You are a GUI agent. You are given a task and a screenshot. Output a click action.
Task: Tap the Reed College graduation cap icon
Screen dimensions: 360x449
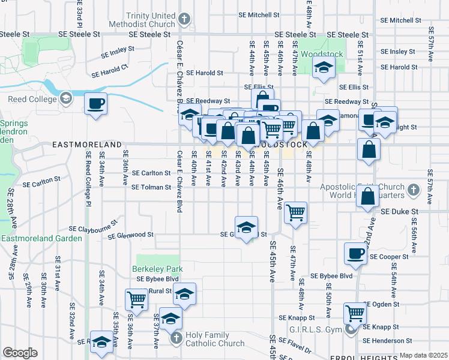(x=65, y=97)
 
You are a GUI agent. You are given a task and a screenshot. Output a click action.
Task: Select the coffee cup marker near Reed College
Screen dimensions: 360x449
(x=95, y=105)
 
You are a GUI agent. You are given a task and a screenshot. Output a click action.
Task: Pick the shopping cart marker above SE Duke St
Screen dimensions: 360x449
(x=295, y=212)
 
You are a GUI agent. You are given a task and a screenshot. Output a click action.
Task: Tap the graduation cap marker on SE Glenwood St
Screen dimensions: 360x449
(x=246, y=228)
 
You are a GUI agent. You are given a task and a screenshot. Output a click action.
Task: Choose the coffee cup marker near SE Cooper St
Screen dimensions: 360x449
(x=356, y=253)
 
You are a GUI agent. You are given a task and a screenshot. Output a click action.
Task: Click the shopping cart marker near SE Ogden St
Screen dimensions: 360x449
(x=355, y=313)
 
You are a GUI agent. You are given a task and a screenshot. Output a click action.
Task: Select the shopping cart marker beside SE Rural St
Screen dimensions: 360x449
(x=137, y=299)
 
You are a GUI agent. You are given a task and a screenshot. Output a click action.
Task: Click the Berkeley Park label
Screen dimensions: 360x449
(x=157, y=269)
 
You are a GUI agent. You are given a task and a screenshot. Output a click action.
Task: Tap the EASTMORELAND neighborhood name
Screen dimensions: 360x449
(x=86, y=145)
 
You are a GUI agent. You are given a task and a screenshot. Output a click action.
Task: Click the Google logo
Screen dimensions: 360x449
(x=20, y=353)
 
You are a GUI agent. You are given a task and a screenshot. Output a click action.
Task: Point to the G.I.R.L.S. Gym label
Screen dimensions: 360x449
(x=314, y=329)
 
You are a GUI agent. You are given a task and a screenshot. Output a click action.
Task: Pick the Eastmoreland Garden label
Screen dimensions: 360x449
(x=41, y=238)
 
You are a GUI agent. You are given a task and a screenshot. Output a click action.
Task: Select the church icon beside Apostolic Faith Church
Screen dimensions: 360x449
(x=413, y=191)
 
